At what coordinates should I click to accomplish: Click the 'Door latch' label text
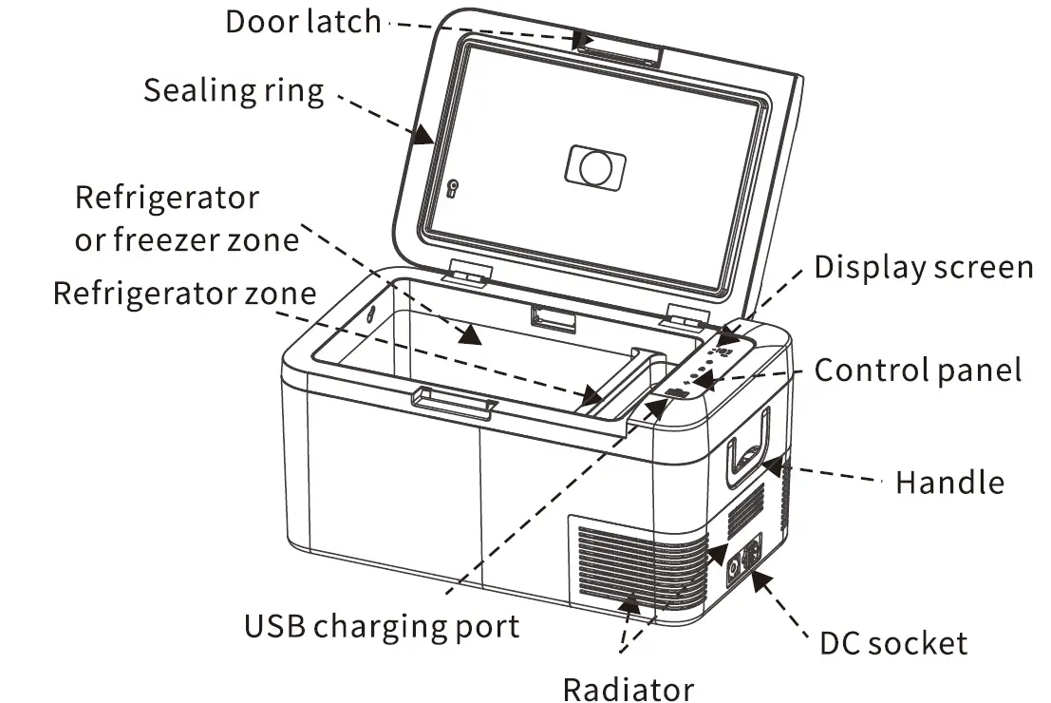pyautogui.click(x=302, y=21)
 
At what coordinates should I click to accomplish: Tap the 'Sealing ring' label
pyautogui.click(x=234, y=91)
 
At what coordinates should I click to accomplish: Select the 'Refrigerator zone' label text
pyautogui.click(x=183, y=293)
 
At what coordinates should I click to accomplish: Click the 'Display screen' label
pyautogui.click(x=923, y=268)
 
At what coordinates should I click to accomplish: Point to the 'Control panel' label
pyautogui.click(x=918, y=370)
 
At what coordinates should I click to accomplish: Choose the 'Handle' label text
pyautogui.click(x=948, y=483)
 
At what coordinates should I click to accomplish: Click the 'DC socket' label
pyautogui.click(x=893, y=643)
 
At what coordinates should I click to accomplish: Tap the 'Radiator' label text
pyautogui.click(x=629, y=688)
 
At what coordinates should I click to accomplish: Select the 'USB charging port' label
pyautogui.click(x=382, y=626)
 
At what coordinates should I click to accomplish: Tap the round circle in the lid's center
pyautogui.click(x=596, y=167)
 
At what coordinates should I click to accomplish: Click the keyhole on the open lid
pyautogui.click(x=453, y=187)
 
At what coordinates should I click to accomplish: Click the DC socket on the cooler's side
pyautogui.click(x=743, y=560)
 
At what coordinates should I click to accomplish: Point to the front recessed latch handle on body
pyautogui.click(x=454, y=403)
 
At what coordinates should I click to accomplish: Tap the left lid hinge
pyautogui.click(x=466, y=274)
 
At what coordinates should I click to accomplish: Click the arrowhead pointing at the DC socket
pyautogui.click(x=760, y=579)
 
